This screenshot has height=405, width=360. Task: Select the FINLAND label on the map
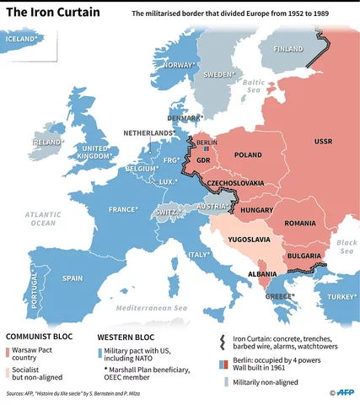click(287, 49)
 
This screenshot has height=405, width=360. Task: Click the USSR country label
click(323, 141)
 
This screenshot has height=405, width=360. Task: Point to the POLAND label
click(248, 155)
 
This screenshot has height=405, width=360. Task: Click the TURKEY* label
click(341, 296)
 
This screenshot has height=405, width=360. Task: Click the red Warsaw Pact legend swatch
click(9, 350)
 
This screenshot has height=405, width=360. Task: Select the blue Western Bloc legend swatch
click(101, 350)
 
